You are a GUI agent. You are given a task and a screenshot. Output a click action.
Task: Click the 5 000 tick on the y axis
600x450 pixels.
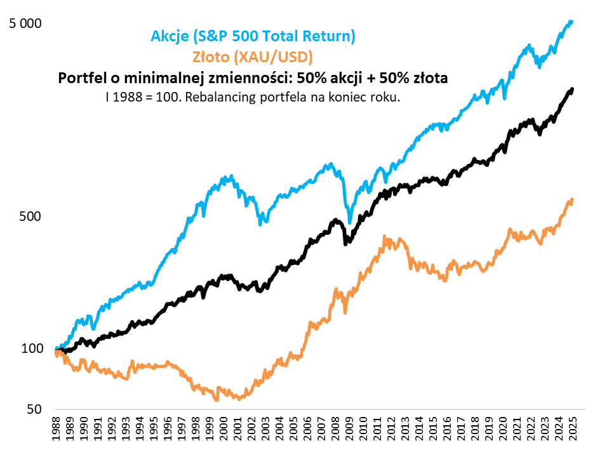point(25,23)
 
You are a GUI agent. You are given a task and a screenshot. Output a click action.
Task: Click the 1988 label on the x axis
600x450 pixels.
point(57,429)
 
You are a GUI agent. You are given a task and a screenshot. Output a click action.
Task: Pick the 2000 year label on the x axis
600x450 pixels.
point(223,429)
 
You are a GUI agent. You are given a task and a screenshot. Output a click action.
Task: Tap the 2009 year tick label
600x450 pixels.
point(349,429)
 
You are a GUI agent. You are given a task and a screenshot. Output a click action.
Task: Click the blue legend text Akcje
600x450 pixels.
point(171,36)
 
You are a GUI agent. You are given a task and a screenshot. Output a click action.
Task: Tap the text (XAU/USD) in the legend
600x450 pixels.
point(273,57)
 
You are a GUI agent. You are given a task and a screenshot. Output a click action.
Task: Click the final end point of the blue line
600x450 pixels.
point(571,22)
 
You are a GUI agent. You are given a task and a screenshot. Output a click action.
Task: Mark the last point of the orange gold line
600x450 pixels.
point(571,200)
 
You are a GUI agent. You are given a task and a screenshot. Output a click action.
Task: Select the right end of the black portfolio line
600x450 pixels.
point(572,89)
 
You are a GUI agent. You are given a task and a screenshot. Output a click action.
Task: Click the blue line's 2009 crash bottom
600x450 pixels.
point(349,222)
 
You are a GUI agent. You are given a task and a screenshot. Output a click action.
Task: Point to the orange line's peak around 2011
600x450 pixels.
point(386,237)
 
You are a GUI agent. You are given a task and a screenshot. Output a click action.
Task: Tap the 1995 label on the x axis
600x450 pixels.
point(154,429)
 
